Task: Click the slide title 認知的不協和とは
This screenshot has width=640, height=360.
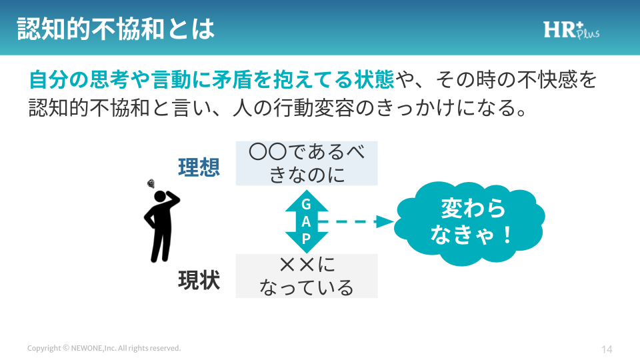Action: point(115,29)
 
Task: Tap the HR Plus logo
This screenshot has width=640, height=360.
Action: point(571,29)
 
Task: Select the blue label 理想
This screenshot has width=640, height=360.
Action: point(199,167)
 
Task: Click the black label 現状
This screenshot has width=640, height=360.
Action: point(199,280)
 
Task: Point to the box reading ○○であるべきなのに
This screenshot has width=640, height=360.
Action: point(307,163)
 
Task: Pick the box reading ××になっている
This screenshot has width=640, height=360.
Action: point(307,276)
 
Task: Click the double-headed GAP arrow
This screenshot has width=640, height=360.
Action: point(307,221)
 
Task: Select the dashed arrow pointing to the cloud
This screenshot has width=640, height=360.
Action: point(356,221)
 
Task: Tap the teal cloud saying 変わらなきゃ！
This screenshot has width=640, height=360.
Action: point(469,222)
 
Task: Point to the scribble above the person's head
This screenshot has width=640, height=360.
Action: point(151,184)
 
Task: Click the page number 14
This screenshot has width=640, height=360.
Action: point(607,349)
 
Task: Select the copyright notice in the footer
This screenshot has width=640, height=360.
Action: point(104,348)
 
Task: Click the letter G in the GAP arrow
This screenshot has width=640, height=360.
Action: point(306,204)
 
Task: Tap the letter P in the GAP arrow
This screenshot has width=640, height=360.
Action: point(306,239)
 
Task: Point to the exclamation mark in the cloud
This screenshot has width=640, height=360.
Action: point(507,235)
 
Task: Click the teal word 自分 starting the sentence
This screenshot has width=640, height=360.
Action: point(49,79)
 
